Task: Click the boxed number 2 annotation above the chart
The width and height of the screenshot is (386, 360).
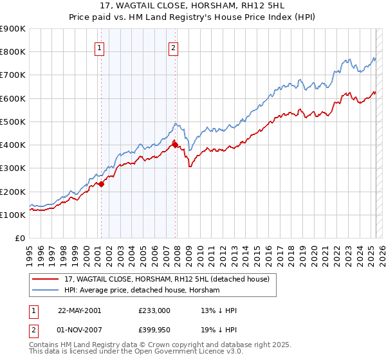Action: pyautogui.click(x=174, y=47)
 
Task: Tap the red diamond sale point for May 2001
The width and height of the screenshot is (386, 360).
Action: pyautogui.click(x=101, y=184)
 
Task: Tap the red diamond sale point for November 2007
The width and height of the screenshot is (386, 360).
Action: pyautogui.click(x=175, y=145)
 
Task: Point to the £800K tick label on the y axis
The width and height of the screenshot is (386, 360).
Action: pyautogui.click(x=13, y=52)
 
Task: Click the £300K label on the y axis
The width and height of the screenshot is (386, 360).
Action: pyautogui.click(x=13, y=168)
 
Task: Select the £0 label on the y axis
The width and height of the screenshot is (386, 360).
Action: pyautogui.click(x=19, y=239)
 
